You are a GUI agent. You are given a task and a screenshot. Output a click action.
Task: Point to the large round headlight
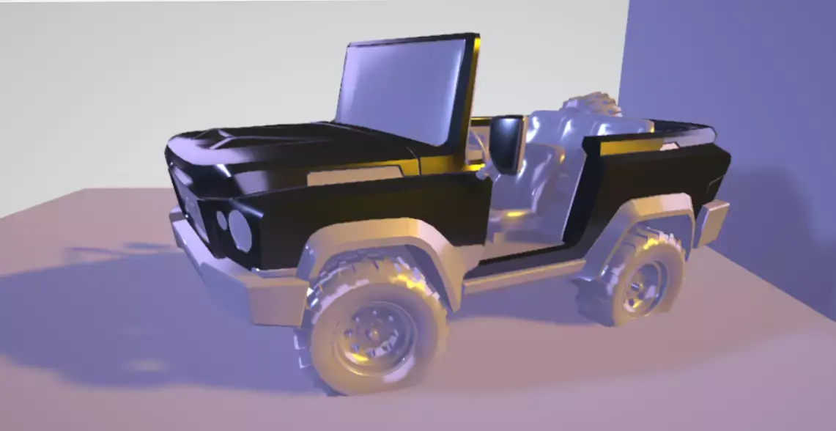click(x=240, y=230)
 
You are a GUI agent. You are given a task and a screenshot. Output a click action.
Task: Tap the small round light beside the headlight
click(x=221, y=221)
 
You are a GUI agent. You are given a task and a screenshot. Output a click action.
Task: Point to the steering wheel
click(x=480, y=147)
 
